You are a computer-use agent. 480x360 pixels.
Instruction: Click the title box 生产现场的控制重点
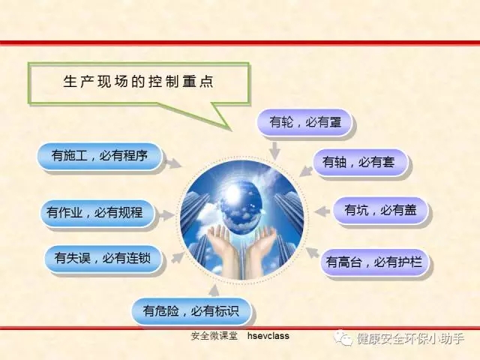(x=138, y=82)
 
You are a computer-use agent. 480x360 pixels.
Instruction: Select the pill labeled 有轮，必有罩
(x=304, y=122)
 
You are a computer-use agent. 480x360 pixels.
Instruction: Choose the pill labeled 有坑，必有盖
(x=380, y=210)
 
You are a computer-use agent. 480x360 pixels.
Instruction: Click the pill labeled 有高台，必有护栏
(x=374, y=262)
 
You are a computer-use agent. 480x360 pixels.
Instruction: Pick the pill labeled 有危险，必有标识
(x=191, y=311)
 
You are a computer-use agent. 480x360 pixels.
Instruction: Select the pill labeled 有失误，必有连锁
(x=103, y=258)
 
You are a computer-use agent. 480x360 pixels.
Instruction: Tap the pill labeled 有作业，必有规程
(x=97, y=213)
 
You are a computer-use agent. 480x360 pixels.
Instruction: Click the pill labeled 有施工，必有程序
(x=99, y=156)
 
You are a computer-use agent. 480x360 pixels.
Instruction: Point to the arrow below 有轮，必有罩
(x=275, y=150)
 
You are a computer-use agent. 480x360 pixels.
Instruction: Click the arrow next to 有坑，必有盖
(x=322, y=211)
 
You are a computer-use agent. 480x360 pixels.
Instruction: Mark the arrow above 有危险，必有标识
(x=214, y=290)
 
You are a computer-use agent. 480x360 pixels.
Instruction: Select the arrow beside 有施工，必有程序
(x=173, y=163)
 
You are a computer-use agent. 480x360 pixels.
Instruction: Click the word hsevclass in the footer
(x=268, y=336)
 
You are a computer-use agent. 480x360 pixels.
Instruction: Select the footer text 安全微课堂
(x=214, y=336)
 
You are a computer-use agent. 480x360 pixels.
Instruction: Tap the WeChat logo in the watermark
(x=343, y=338)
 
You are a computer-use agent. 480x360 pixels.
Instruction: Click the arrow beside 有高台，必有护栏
(x=313, y=253)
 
